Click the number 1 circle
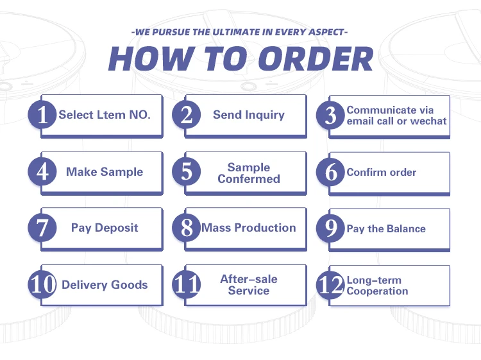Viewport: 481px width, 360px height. click(42, 116)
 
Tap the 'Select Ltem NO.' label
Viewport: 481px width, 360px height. click(105, 116)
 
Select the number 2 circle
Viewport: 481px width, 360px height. click(187, 116)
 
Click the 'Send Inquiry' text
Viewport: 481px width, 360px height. click(249, 116)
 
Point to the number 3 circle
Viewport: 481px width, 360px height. click(331, 116)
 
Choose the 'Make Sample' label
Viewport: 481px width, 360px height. click(105, 172)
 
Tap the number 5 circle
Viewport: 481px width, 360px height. click(187, 172)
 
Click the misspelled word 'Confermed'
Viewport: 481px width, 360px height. click(249, 178)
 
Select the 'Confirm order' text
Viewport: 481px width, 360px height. click(382, 172)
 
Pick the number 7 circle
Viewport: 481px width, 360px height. click(42, 228)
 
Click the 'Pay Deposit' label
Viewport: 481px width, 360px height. click(105, 228)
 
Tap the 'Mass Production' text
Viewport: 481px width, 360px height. click(249, 228)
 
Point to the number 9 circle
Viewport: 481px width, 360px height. click(331, 228)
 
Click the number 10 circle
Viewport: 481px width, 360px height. click(42, 285)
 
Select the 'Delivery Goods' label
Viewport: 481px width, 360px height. click(105, 285)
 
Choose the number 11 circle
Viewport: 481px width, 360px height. click(187, 285)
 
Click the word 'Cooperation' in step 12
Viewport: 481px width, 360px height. click(378, 291)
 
